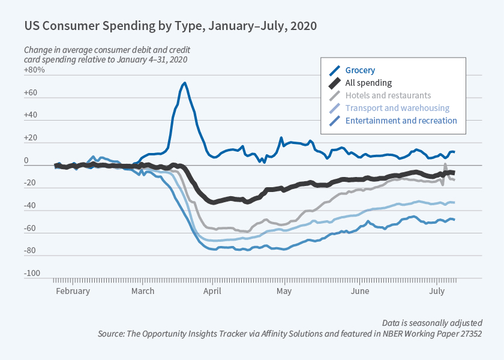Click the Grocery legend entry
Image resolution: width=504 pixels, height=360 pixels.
click(360, 70)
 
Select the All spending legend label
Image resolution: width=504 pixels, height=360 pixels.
click(368, 83)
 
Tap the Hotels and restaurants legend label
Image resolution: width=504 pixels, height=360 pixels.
click(388, 95)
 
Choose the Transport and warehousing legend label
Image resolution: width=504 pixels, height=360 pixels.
click(397, 108)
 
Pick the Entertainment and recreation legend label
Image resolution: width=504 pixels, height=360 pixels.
click(401, 121)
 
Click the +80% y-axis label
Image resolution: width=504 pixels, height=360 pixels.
click(35, 70)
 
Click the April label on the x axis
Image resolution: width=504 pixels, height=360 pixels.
click(212, 291)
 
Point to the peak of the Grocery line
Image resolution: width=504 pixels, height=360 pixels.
click(185, 83)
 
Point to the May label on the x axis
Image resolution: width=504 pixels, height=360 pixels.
click(284, 291)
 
